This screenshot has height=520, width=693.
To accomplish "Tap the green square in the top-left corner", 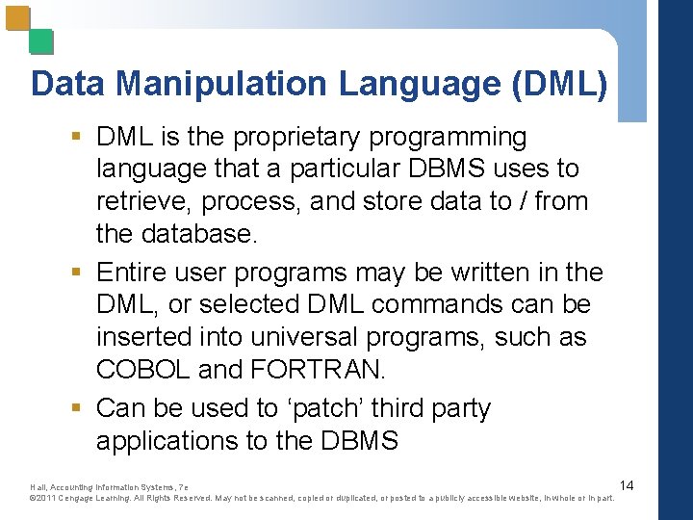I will [x=40, y=41].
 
